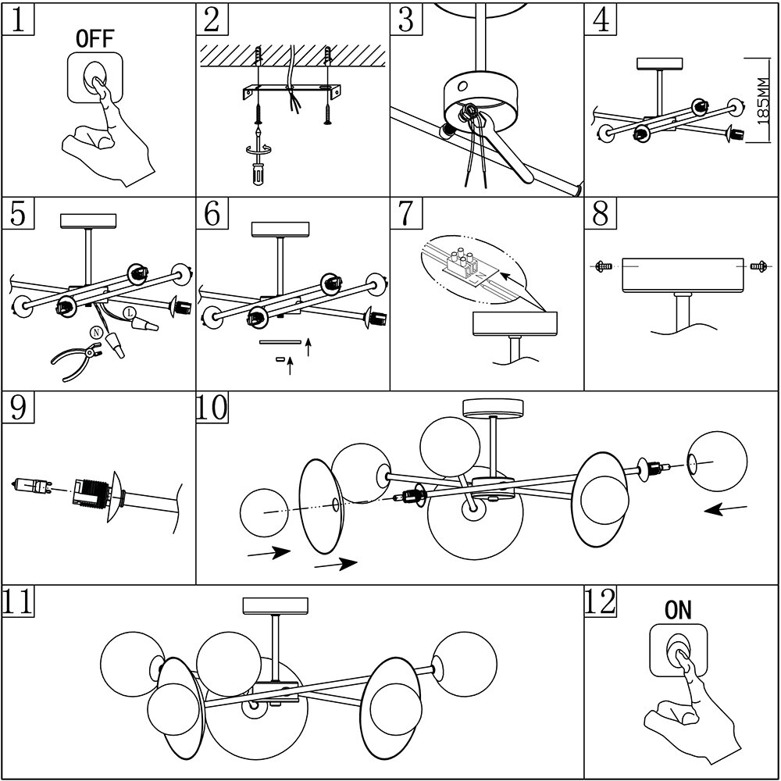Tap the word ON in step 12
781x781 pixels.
(x=678, y=611)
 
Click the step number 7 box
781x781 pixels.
(x=405, y=213)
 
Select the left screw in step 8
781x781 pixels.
(x=601, y=266)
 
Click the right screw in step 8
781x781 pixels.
(x=755, y=266)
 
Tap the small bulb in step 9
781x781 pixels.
(x=30, y=487)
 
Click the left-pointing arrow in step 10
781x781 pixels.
(x=726, y=510)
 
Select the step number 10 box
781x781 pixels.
(x=212, y=408)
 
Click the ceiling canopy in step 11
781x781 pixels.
(x=276, y=605)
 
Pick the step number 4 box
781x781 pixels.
(x=600, y=19)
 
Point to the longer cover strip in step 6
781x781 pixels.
(x=280, y=341)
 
